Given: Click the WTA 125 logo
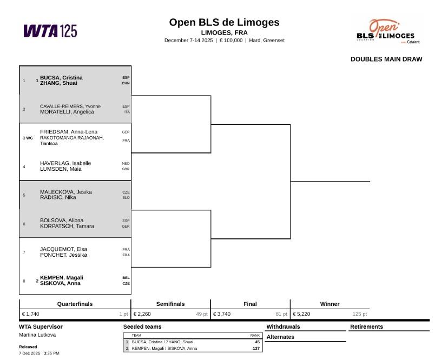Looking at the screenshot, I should pyautogui.click(x=50, y=31).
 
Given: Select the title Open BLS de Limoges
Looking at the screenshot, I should pyautogui.click(x=224, y=22).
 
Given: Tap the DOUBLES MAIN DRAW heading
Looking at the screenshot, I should pyautogui.click(x=386, y=59).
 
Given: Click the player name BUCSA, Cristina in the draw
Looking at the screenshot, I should pyautogui.click(x=61, y=78).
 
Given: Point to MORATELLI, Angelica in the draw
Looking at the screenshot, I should pyautogui.click(x=67, y=112).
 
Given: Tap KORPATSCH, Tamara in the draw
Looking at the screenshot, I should pyautogui.click(x=67, y=226).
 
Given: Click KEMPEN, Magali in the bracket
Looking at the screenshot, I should pyautogui.click(x=61, y=278).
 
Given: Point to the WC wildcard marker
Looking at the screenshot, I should pyautogui.click(x=30, y=138).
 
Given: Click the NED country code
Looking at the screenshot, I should pyautogui.click(x=126, y=163).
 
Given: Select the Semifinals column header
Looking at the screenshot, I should pyautogui.click(x=170, y=304).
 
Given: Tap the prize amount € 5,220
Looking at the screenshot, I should pyautogui.click(x=304, y=314).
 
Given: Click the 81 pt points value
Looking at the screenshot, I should pyautogui.click(x=281, y=314).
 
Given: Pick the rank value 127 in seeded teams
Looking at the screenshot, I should pyautogui.click(x=255, y=348).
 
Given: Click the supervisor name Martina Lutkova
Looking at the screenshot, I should pyautogui.click(x=37, y=335).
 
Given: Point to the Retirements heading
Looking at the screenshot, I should pyautogui.click(x=366, y=326).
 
